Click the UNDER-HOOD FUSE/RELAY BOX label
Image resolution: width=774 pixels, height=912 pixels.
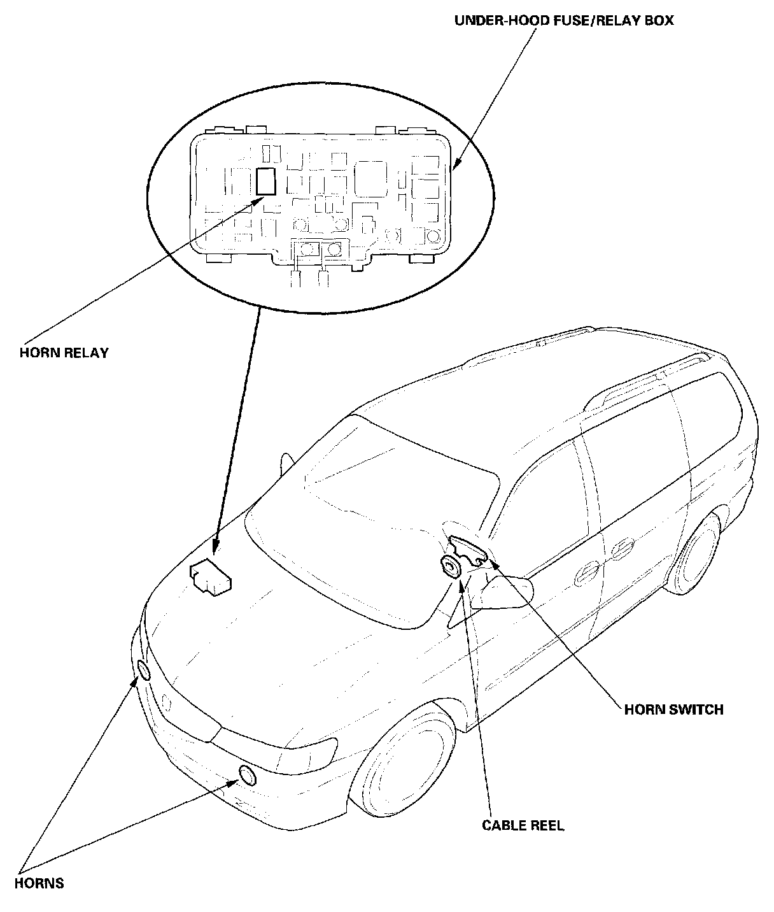[563, 20]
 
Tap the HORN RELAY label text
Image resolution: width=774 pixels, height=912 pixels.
[64, 352]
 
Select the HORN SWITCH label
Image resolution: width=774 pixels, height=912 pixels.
[673, 709]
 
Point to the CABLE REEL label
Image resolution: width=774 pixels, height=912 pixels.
[523, 825]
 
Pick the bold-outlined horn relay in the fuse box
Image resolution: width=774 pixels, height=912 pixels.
[265, 181]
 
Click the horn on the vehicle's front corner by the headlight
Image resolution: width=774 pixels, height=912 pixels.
[144, 671]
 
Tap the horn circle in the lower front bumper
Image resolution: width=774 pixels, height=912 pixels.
[247, 775]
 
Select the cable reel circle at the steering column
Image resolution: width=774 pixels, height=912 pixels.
[451, 566]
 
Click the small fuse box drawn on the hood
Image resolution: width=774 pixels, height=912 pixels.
[210, 578]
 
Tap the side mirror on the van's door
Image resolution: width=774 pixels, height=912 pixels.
[507, 592]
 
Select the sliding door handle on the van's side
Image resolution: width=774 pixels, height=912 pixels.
[621, 548]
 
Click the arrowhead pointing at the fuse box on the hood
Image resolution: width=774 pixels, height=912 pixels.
[215, 545]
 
